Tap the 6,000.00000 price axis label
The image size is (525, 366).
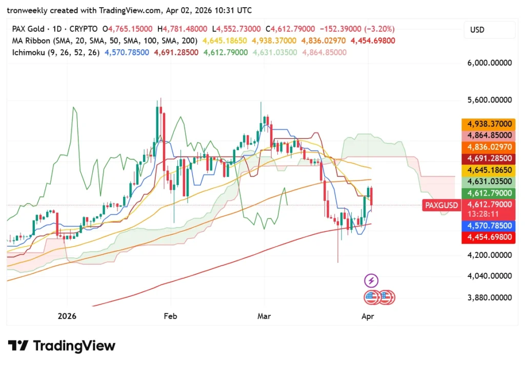point(489,63)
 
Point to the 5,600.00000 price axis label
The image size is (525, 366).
point(489,100)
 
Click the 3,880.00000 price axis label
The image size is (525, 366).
point(489,297)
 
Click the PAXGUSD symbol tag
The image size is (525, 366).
point(441,206)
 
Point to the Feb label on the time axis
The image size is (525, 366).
point(170,316)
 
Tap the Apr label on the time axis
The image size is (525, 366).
point(368,316)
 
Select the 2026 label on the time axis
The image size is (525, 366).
point(67,316)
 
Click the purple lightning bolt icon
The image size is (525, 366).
point(371,280)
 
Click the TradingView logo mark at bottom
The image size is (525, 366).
point(18,346)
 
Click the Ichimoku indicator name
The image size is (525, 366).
point(29,52)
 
